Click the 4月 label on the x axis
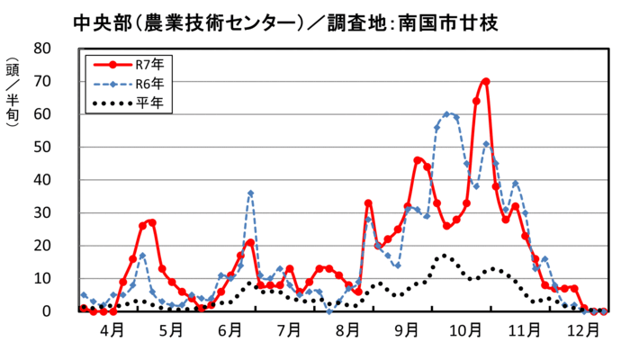[x=112, y=331]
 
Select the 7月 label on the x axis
[x=289, y=331]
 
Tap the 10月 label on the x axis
[x=465, y=331]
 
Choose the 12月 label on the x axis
[x=583, y=331]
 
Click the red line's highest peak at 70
[x=486, y=81]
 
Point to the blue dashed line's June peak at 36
[x=250, y=193]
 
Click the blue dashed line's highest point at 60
[x=446, y=114]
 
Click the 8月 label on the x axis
[x=347, y=331]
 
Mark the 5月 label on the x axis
[x=171, y=331]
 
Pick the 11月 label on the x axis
[x=525, y=331]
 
